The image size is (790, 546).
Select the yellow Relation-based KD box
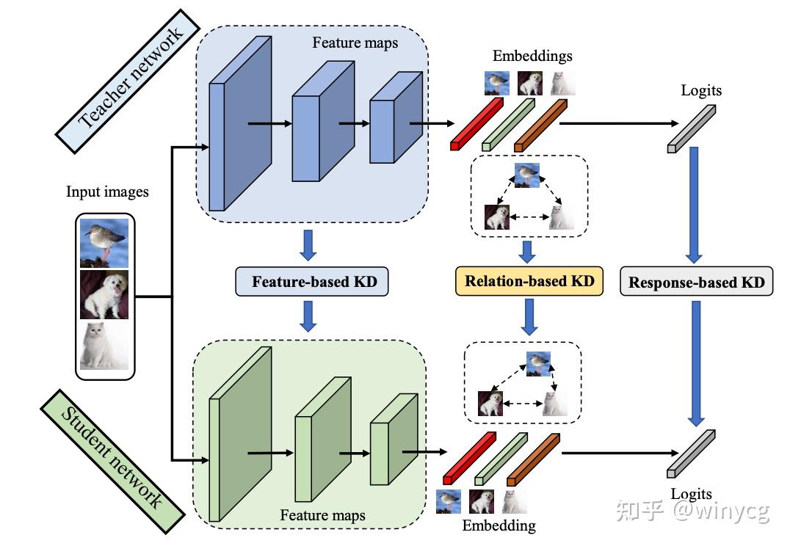tap(529, 281)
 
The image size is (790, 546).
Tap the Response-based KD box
tap(696, 282)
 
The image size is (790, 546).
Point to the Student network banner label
tap(110, 458)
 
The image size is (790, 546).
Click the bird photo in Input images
tap(104, 242)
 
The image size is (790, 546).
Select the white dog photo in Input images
tap(104, 294)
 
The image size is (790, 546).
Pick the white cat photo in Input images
tap(104, 345)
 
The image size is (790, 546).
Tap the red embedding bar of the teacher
tap(476, 124)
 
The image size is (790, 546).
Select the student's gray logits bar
tap(690, 454)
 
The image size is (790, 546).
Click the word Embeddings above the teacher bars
tap(532, 56)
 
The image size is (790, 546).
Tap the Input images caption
tap(107, 192)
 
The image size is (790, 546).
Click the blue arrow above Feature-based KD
tap(309, 245)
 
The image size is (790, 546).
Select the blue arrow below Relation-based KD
tap(528, 318)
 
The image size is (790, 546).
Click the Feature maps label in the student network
tap(322, 514)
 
